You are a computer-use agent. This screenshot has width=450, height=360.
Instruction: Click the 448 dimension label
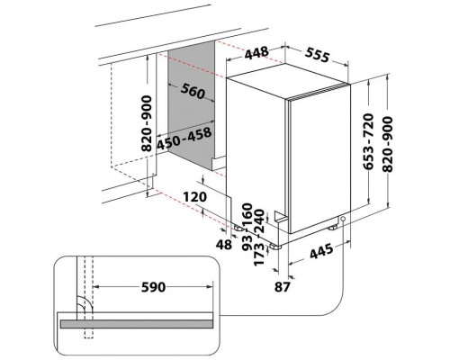[256, 53]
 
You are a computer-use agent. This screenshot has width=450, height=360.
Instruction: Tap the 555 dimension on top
[318, 55]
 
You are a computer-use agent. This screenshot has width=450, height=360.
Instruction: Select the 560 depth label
[193, 91]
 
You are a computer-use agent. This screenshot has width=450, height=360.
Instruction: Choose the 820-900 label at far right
[387, 144]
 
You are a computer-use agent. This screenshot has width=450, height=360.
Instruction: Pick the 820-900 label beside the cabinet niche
[147, 123]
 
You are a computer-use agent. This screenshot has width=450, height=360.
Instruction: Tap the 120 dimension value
[195, 197]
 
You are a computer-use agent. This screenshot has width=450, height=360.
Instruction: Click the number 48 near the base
[224, 245]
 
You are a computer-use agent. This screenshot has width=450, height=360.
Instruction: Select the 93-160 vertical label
[247, 227]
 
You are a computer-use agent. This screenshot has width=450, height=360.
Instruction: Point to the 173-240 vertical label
[259, 238]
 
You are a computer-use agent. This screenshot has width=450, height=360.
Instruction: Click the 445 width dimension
[321, 251]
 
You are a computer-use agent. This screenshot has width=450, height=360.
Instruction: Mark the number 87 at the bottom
[283, 287]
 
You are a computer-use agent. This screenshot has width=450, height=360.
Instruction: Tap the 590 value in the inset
[153, 287]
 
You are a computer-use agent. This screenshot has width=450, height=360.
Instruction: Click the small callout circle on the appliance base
[343, 219]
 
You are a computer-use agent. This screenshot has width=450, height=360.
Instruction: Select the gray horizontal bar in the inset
[137, 324]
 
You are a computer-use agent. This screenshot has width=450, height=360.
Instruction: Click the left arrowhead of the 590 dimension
[96, 287]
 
